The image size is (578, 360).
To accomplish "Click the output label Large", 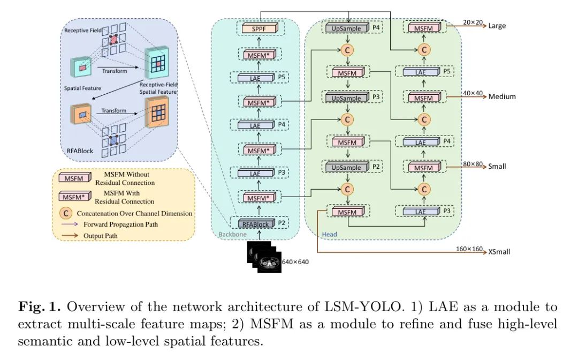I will (x=497, y=26).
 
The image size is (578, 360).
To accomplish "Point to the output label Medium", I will (x=502, y=96).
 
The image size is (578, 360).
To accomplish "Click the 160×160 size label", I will (x=469, y=249).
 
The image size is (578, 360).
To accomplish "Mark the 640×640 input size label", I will (x=295, y=262).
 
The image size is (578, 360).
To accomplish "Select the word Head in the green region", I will (x=330, y=235).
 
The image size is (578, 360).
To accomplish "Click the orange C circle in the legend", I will (x=65, y=213).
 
